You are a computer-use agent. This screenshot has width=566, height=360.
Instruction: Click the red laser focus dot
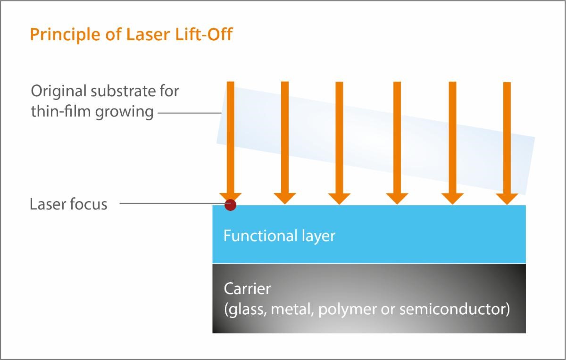tap(230, 205)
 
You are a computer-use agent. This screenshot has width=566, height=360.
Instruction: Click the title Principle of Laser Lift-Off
tap(131, 34)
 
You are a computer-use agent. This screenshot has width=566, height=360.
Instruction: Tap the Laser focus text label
tap(68, 204)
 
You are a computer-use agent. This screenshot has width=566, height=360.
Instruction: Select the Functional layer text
tap(279, 235)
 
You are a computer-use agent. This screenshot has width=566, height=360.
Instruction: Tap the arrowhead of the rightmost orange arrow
tap(507, 198)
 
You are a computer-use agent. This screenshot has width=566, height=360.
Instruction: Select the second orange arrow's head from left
tap(284, 198)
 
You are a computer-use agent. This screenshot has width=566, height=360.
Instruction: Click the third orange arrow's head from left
tap(339, 198)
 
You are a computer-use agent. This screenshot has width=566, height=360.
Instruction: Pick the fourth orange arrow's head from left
tap(397, 198)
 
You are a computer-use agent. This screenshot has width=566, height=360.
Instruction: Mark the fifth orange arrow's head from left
tap(452, 198)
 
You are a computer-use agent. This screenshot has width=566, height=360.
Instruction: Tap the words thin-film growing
tap(92, 112)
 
